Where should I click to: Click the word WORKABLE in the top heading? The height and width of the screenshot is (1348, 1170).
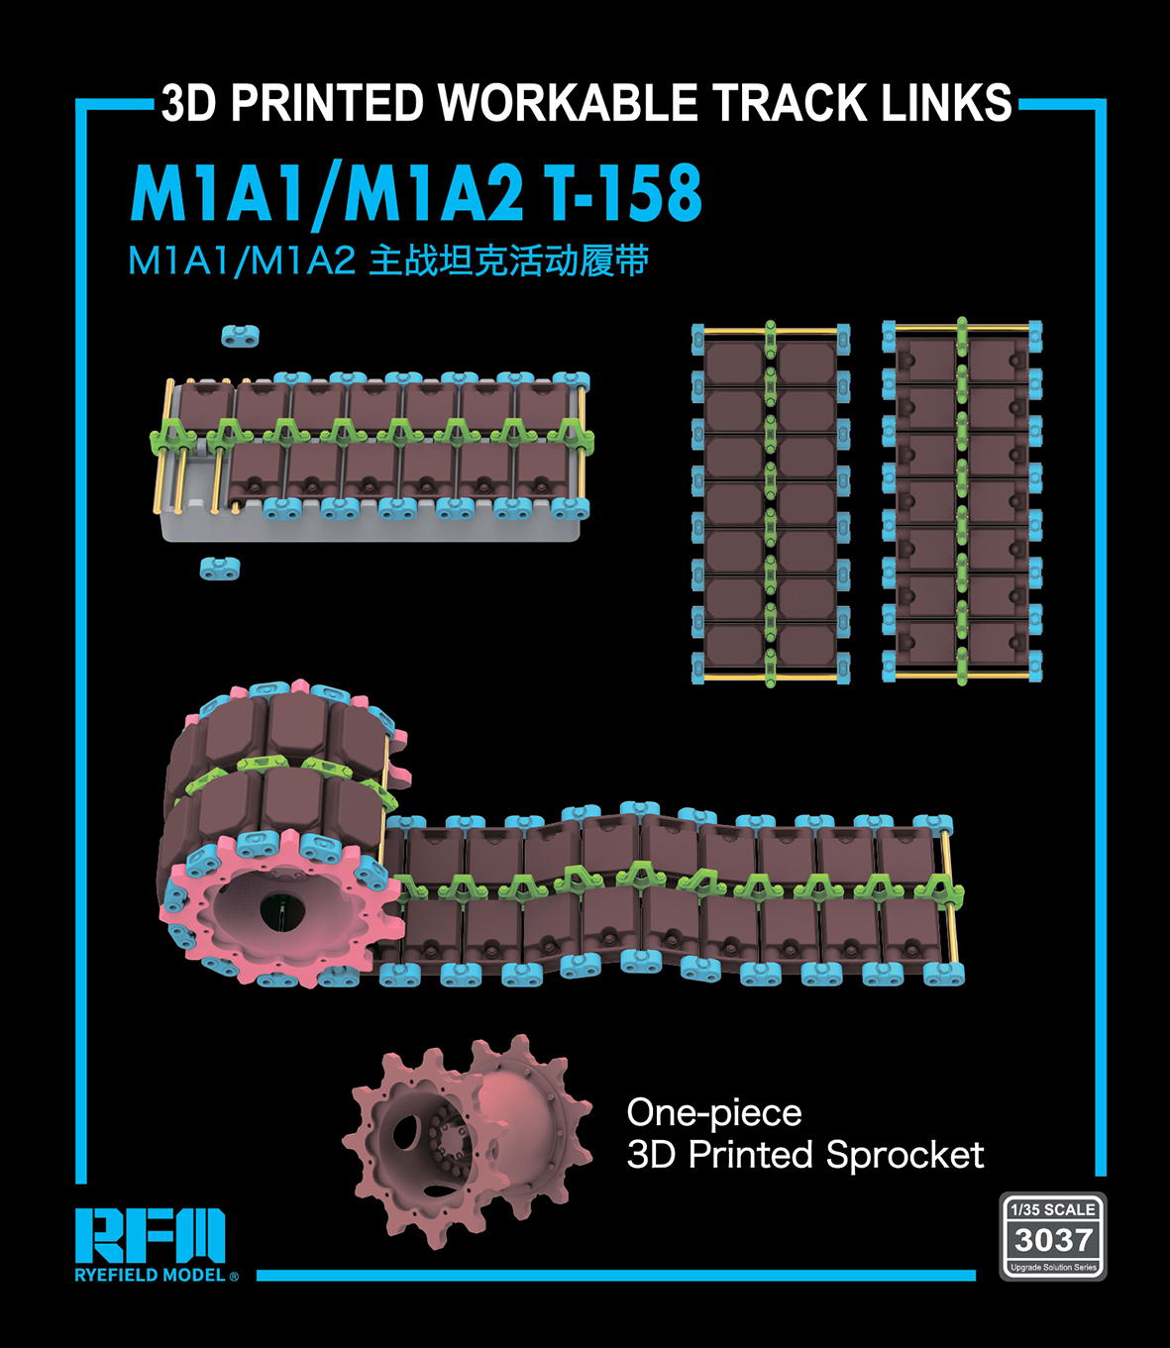pyautogui.click(x=568, y=103)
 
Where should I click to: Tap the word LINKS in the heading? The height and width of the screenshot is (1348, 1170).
pyautogui.click(x=946, y=103)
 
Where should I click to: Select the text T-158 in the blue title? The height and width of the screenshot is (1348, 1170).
pyautogui.click(x=624, y=193)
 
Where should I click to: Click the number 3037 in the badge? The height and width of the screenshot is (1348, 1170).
pyautogui.click(x=1053, y=1240)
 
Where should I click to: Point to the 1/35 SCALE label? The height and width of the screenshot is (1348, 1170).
pyautogui.click(x=1053, y=1209)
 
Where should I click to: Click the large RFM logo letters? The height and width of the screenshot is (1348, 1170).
pyautogui.click(x=151, y=1236)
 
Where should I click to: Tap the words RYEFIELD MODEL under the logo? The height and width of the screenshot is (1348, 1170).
pyautogui.click(x=151, y=1276)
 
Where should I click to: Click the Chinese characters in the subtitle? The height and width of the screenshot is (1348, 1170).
pyautogui.click(x=508, y=260)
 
